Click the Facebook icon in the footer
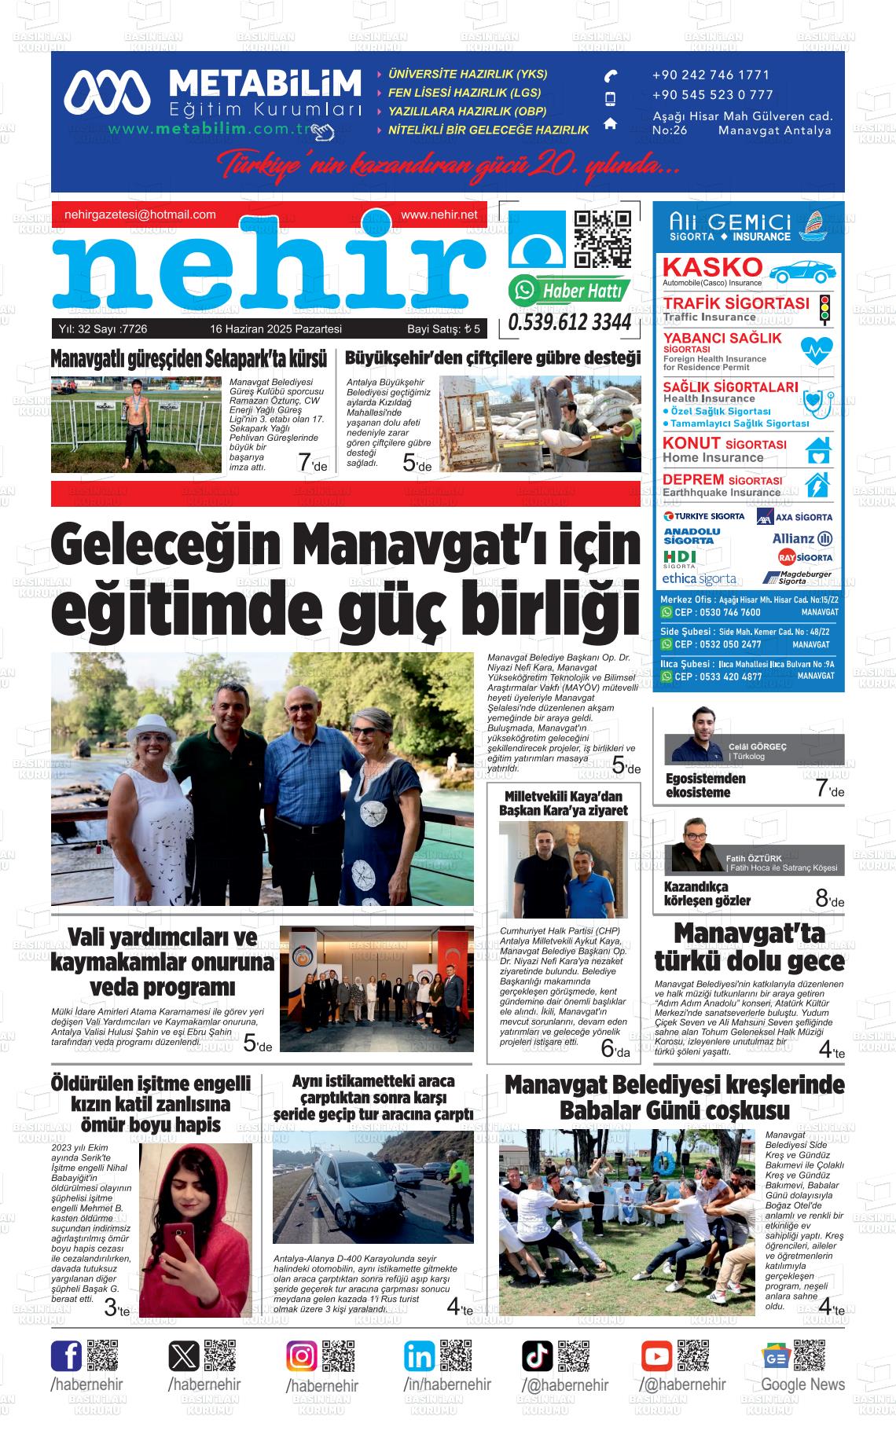pyautogui.click(x=67, y=1356)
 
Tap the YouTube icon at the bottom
pyautogui.click(x=655, y=1356)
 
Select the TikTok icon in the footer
pyautogui.click(x=538, y=1356)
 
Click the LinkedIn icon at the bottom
pyautogui.click(x=419, y=1356)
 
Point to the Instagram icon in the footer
pyautogui.click(x=301, y=1356)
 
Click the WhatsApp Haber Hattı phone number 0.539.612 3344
pyautogui.click(x=570, y=323)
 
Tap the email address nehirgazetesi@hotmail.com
pyautogui.click(x=140, y=215)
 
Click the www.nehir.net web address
pyautogui.click(x=439, y=215)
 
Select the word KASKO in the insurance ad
pyautogui.click(x=712, y=267)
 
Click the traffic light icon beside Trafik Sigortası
pyautogui.click(x=824, y=310)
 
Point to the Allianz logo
pyautogui.click(x=802, y=538)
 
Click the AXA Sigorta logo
pyautogui.click(x=794, y=517)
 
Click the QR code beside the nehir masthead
pyautogui.click(x=603, y=240)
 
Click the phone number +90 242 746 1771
pyautogui.click(x=711, y=75)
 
